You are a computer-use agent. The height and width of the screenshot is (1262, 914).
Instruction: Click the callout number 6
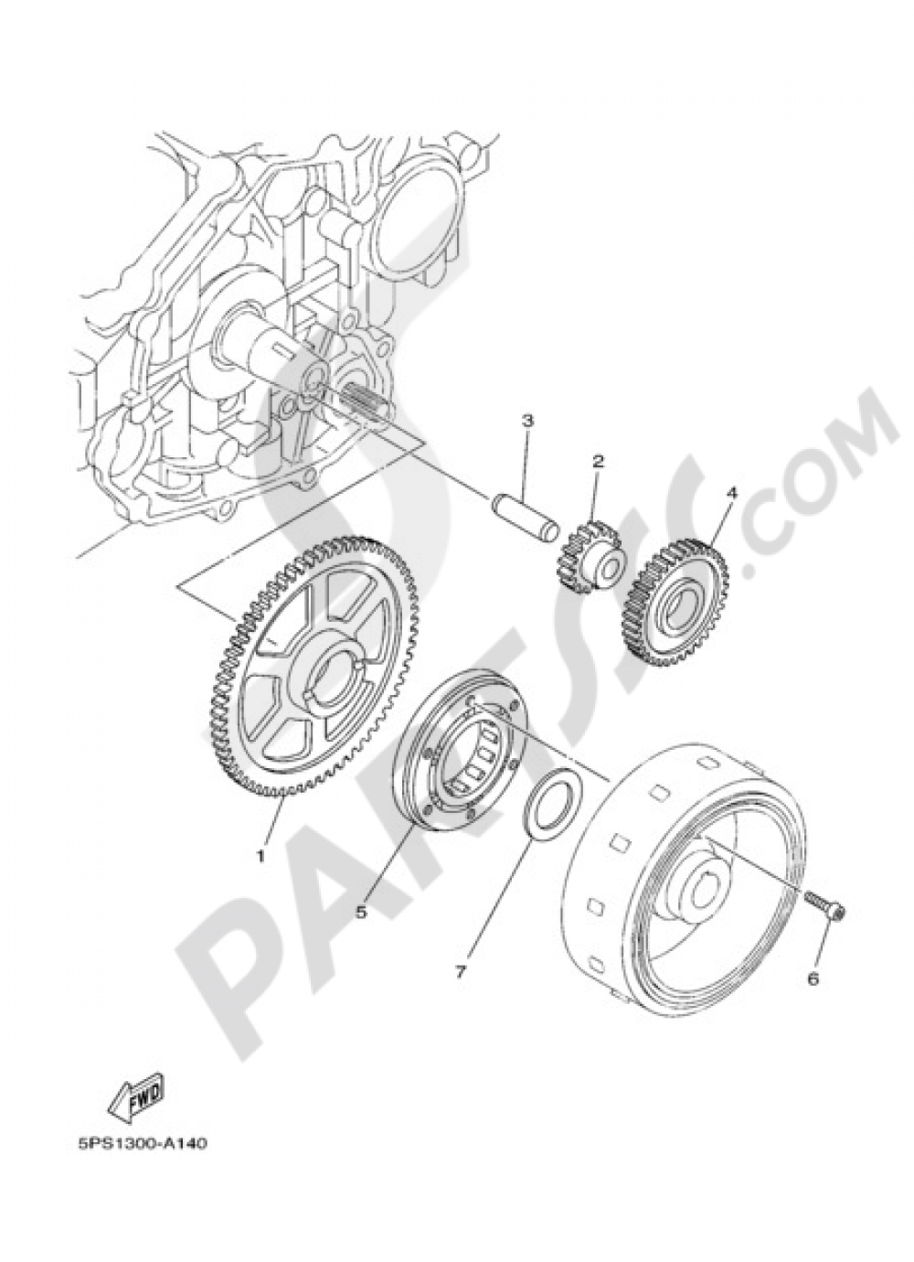click(812, 979)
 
